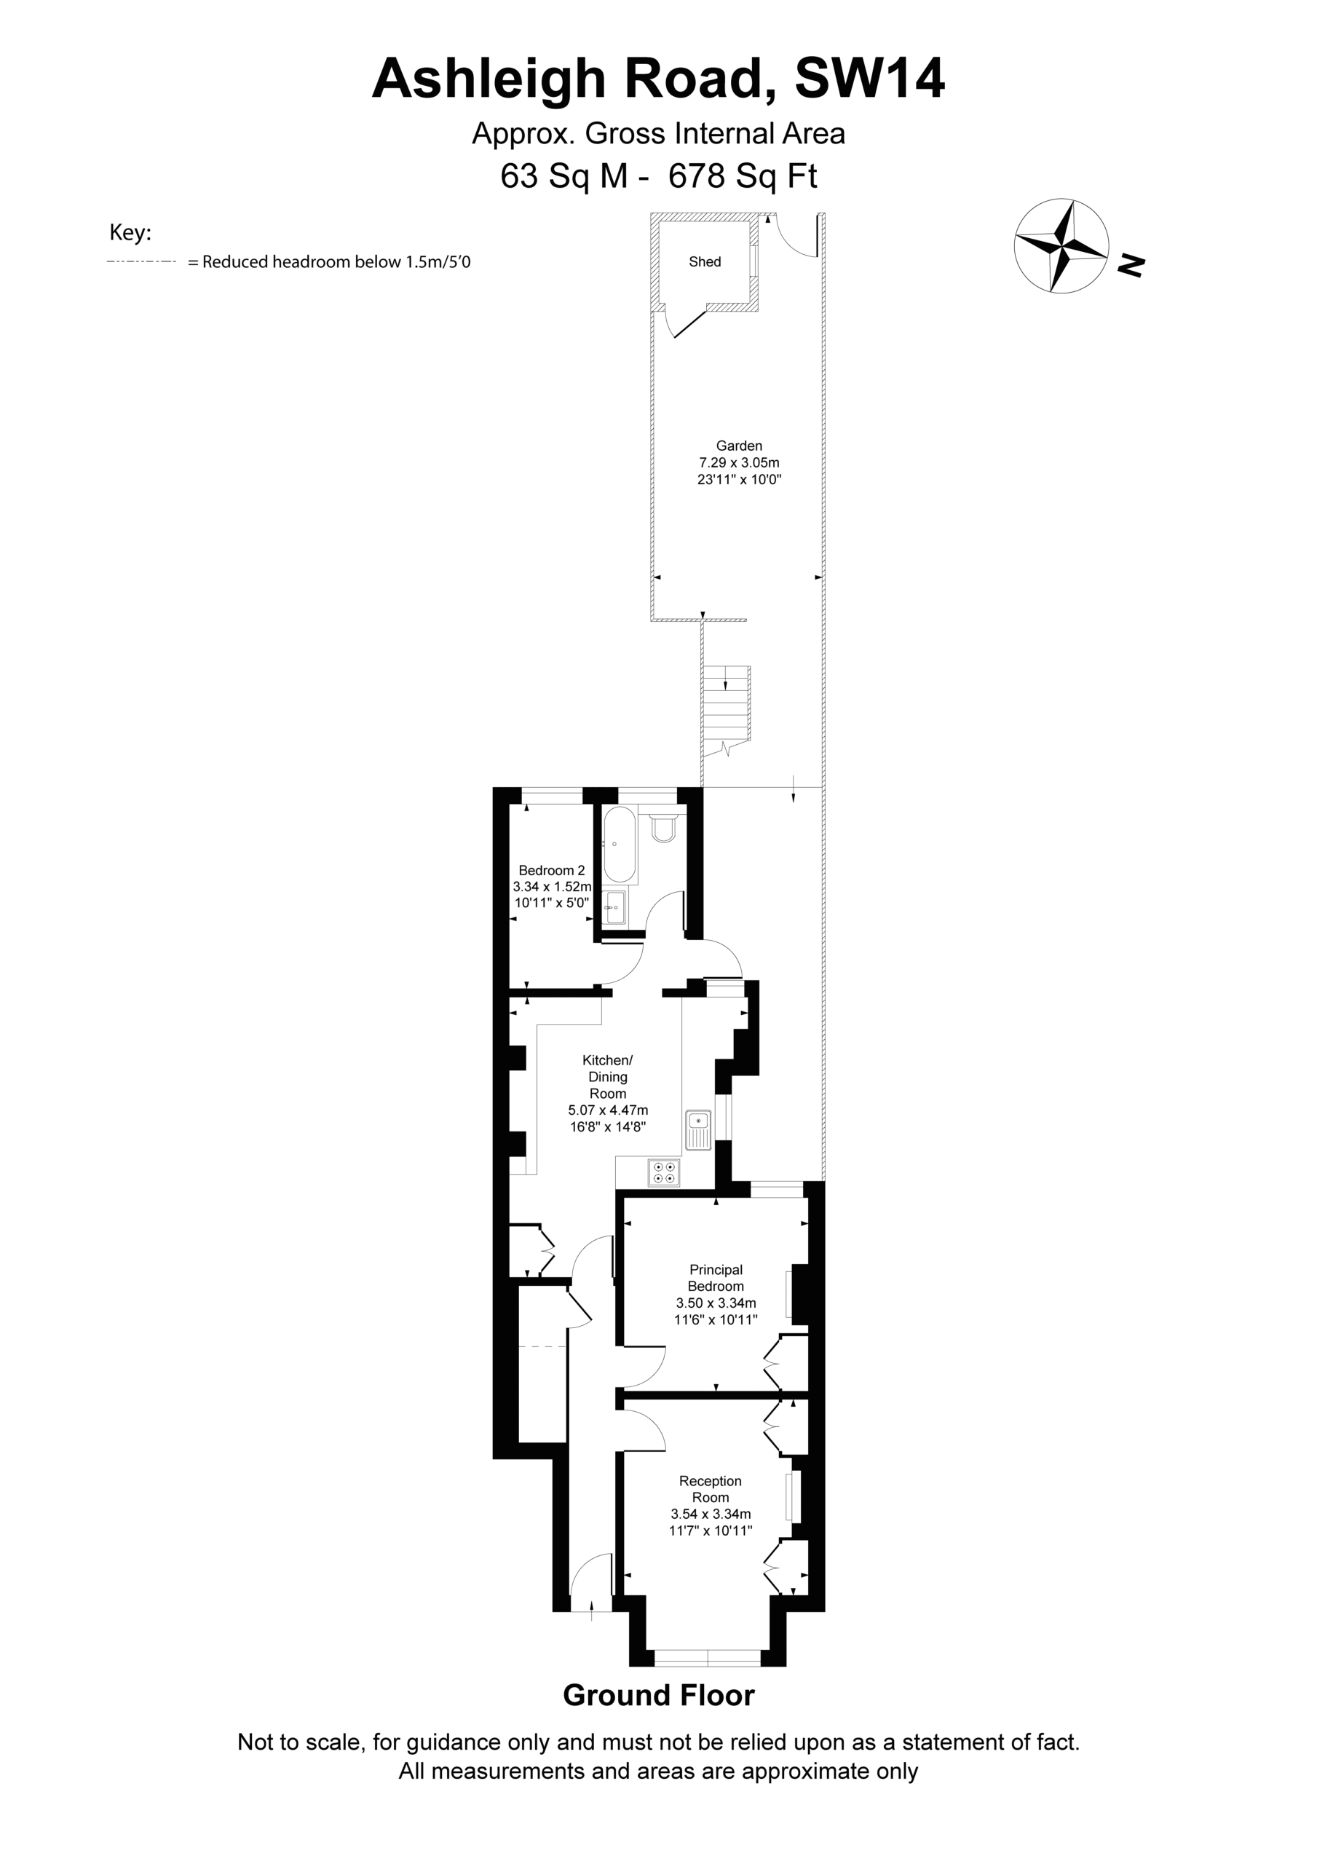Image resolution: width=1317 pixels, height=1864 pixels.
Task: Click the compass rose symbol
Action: coord(1061,245)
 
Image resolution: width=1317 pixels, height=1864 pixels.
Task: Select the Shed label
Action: coord(705,261)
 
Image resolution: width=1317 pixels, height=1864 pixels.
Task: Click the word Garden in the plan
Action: coord(739,446)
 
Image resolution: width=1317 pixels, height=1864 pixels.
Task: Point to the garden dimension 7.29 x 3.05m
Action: coord(739,463)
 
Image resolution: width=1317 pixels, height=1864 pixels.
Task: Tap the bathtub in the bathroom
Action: coord(620,846)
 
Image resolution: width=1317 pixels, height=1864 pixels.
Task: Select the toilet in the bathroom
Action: coord(664,824)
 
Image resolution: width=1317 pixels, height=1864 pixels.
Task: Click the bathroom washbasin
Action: coord(614,907)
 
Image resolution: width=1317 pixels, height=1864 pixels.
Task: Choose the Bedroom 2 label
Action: coord(552,870)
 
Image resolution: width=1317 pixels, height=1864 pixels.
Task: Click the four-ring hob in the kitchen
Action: coord(664,1172)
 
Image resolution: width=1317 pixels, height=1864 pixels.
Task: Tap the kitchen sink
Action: coord(698,1130)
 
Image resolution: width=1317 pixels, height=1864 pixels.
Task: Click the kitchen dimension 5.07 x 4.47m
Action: coord(608,1110)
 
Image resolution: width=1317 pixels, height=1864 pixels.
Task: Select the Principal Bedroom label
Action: coord(716,1278)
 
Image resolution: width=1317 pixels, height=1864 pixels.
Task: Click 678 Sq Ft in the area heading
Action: coord(742,176)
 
